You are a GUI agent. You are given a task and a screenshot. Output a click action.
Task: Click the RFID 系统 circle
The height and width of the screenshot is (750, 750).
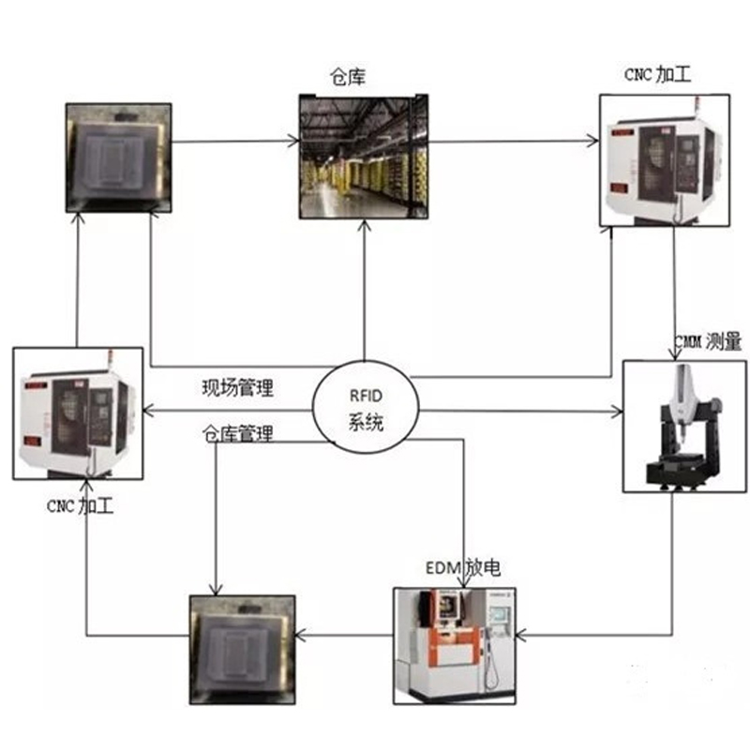366,407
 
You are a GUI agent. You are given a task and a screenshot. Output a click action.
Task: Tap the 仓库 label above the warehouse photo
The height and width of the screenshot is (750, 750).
348,78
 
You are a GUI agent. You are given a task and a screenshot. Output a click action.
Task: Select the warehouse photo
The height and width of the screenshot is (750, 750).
364,156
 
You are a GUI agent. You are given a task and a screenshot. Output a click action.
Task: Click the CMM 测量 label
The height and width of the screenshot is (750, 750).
708,342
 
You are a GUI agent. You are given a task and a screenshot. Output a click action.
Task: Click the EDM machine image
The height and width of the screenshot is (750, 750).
454,645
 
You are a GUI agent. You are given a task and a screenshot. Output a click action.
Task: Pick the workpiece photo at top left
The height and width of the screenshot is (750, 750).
118,156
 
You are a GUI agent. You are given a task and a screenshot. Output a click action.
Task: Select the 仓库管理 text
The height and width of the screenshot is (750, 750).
238,434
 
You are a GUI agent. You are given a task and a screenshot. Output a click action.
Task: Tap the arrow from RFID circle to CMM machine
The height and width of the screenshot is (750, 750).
520,412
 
